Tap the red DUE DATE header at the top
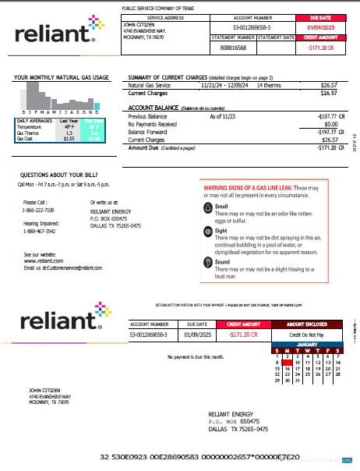point(320,16)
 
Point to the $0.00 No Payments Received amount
point(330,124)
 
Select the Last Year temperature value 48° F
point(69,126)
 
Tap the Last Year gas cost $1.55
point(69,138)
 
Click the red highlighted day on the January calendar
point(288,363)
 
